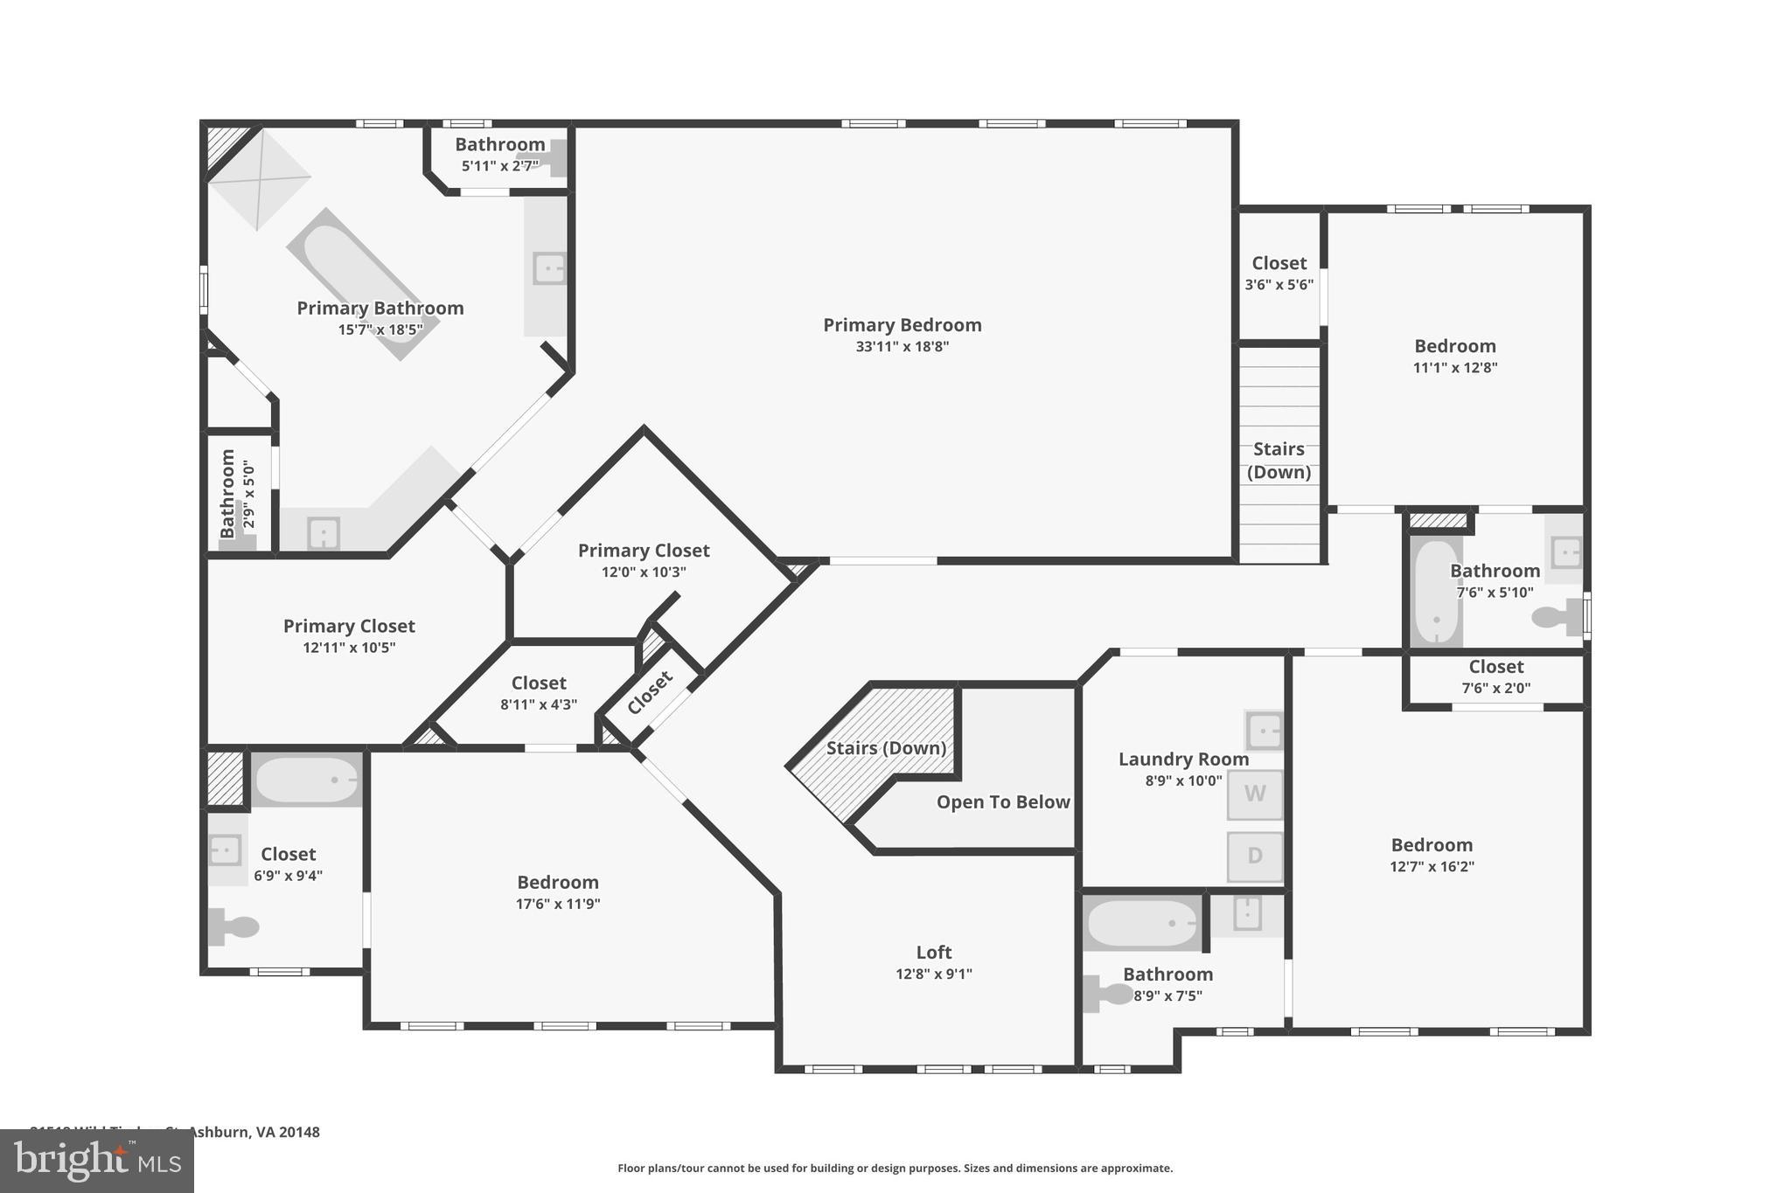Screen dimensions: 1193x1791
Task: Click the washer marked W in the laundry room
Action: pyautogui.click(x=1254, y=794)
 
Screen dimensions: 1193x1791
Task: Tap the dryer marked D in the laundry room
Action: pyautogui.click(x=1254, y=856)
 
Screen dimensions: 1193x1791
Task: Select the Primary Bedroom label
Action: pyautogui.click(x=902, y=325)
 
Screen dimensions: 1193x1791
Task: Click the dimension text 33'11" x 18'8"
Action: pyautogui.click(x=902, y=347)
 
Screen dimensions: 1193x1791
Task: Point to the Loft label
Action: pyautogui.click(x=933, y=953)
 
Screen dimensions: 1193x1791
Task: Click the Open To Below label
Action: pyautogui.click(x=1002, y=802)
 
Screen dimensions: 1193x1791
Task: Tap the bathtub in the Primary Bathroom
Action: pyautogui.click(x=363, y=284)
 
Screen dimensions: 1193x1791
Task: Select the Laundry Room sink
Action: pyautogui.click(x=1264, y=731)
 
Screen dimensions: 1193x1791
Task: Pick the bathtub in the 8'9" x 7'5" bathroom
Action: pyautogui.click(x=1141, y=924)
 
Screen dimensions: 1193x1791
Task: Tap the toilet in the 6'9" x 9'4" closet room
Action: pyautogui.click(x=233, y=926)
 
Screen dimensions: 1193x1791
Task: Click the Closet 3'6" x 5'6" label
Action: pyautogui.click(x=1279, y=263)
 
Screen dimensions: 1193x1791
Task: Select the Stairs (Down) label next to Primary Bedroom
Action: pyautogui.click(x=1279, y=461)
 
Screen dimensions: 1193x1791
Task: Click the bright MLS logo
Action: pyautogui.click(x=97, y=1161)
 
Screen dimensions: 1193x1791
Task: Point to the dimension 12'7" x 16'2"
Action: pyautogui.click(x=1432, y=867)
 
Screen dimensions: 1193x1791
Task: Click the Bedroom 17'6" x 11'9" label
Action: pyautogui.click(x=557, y=883)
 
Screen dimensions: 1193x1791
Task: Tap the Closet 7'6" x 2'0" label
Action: pyautogui.click(x=1495, y=668)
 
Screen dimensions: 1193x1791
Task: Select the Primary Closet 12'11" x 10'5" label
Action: pyautogui.click(x=348, y=627)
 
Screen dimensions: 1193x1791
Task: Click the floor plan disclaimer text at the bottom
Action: pyautogui.click(x=895, y=1169)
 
